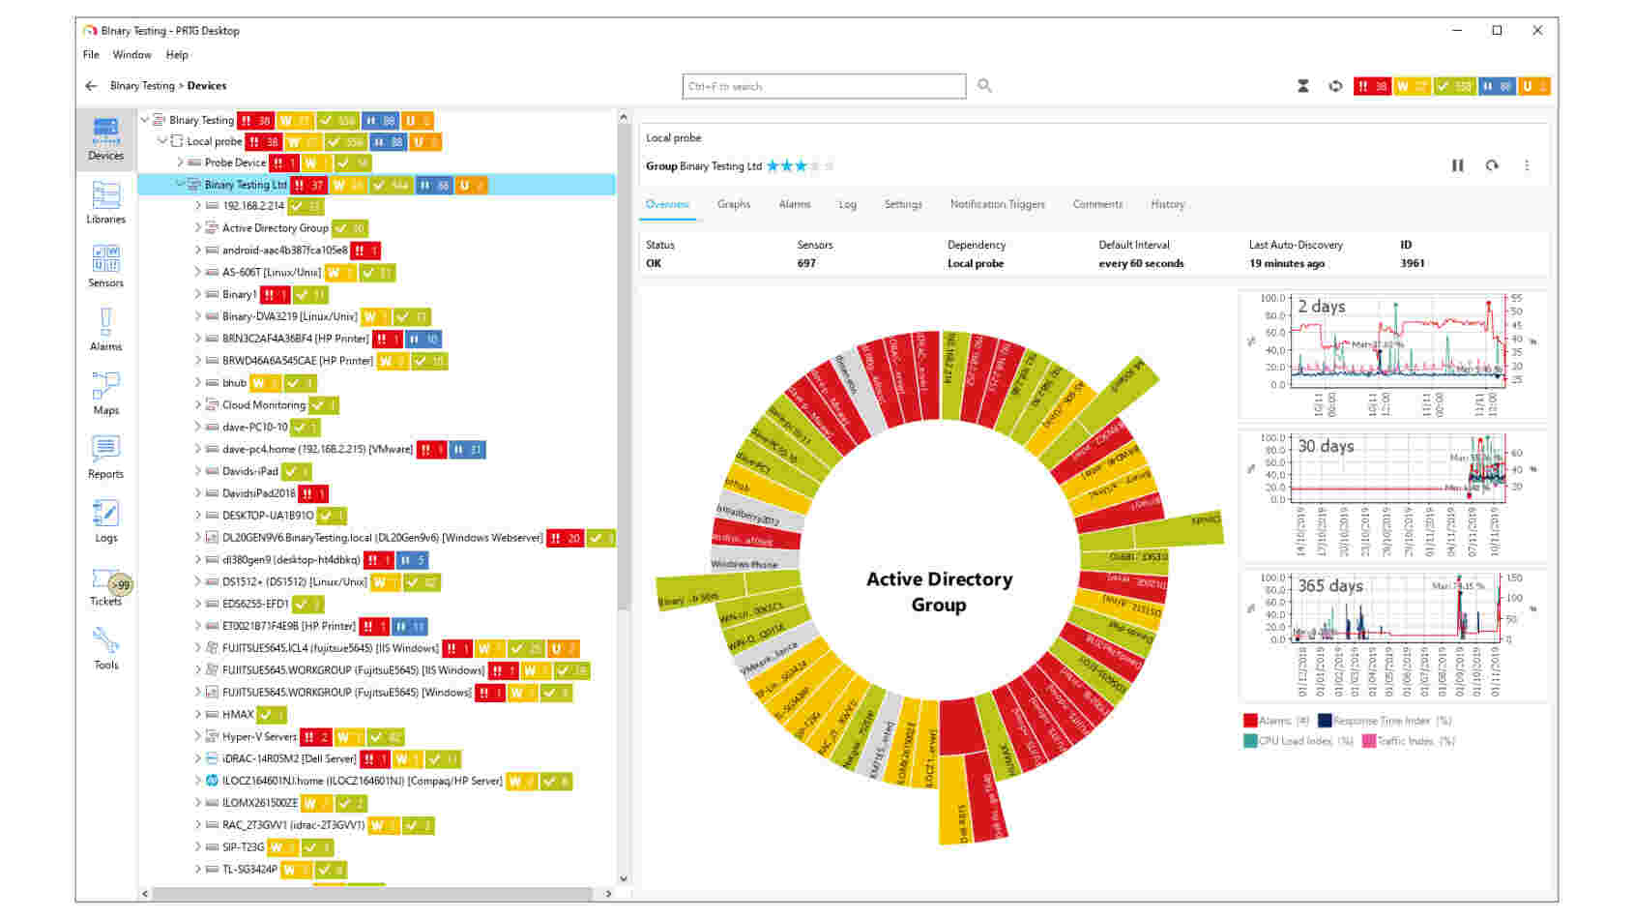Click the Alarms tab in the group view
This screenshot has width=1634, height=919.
tap(794, 204)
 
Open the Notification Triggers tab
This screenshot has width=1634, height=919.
tap(997, 204)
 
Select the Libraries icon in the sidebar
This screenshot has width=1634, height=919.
tap(105, 202)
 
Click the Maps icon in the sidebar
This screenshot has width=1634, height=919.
tap(105, 393)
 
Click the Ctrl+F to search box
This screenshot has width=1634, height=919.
tap(823, 86)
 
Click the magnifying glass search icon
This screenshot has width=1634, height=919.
tap(984, 86)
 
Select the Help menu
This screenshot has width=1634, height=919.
tap(177, 55)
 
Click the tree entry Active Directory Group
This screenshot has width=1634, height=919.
tap(275, 228)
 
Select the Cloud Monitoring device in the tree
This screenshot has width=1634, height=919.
tap(263, 405)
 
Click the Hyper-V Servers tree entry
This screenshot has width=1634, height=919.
tap(259, 736)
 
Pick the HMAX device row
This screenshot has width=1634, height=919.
tap(238, 715)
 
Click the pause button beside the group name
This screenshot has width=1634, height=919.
tap(1457, 166)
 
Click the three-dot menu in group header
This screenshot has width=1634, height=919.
tap(1527, 166)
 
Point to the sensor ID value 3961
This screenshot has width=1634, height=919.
tap(1412, 263)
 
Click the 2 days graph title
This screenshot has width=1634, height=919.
tap(1321, 307)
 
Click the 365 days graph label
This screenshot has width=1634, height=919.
tap(1329, 586)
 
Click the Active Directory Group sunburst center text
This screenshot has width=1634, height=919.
tap(939, 591)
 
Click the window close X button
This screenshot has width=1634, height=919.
tap(1537, 31)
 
